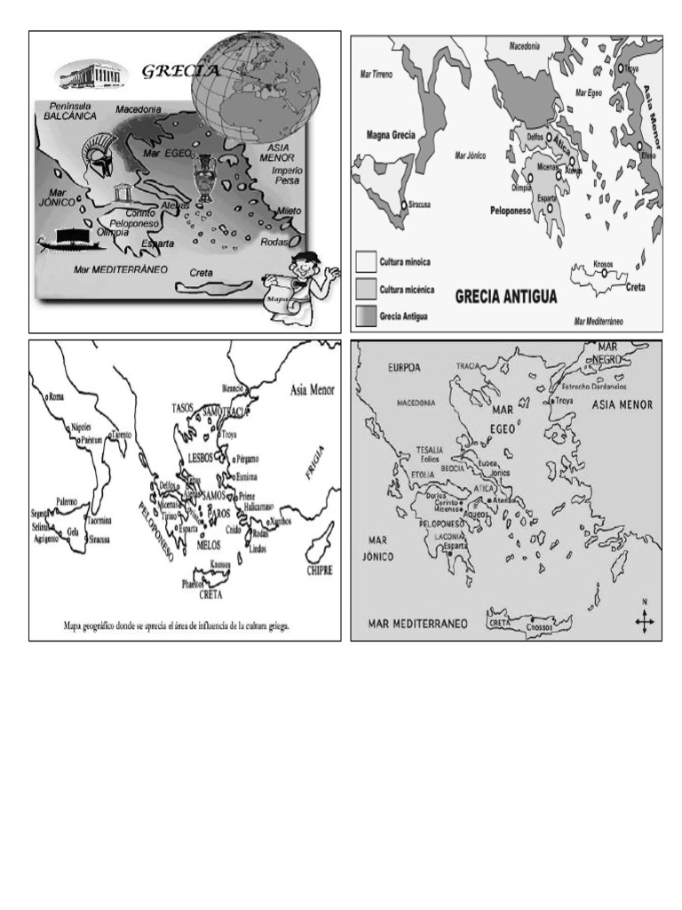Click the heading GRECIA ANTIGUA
506,297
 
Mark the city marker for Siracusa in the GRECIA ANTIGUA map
404,205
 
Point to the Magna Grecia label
391,135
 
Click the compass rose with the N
645,619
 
